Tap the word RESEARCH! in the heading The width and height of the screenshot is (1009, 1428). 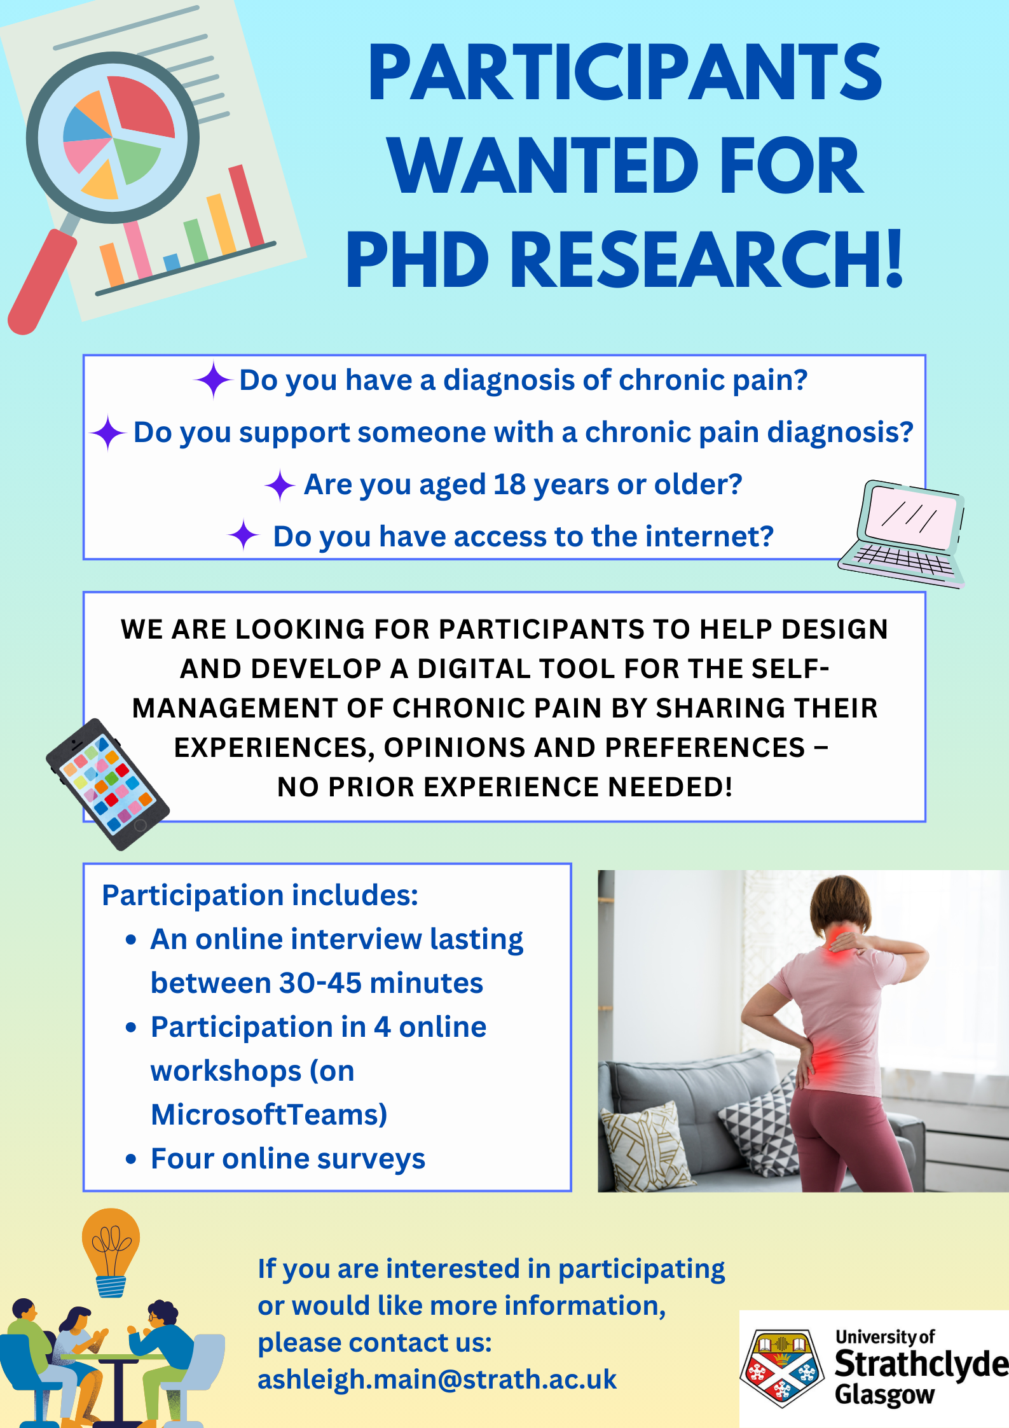click(x=706, y=259)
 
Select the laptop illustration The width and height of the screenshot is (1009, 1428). click(x=902, y=534)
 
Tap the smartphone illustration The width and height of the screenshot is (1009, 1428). click(x=107, y=784)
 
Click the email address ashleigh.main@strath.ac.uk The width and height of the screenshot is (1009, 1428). click(x=437, y=1379)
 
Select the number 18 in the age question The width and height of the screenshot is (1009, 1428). click(x=509, y=485)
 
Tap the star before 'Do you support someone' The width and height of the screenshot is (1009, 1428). click(x=107, y=433)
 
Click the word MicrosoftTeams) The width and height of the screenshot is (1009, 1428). click(x=269, y=1114)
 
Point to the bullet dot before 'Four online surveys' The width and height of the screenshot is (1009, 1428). click(x=131, y=1159)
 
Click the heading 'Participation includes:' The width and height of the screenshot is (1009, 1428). click(x=260, y=896)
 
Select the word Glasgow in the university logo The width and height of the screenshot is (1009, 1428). click(x=884, y=1394)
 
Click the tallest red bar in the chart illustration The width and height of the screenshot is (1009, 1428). click(x=247, y=205)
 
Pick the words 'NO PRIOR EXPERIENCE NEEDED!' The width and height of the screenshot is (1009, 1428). click(x=505, y=787)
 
